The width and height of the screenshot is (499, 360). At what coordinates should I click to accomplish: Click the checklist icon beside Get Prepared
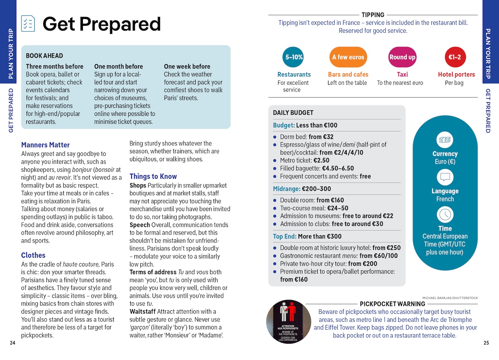(28, 23)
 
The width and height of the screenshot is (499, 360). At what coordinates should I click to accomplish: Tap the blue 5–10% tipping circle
(294, 57)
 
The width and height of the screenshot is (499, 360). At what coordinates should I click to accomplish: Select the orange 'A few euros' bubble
(348, 57)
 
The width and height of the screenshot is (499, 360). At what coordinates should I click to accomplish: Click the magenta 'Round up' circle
(402, 57)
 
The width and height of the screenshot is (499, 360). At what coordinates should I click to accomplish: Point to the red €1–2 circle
(454, 57)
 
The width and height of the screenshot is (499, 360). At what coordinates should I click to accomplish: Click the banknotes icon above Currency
(445, 140)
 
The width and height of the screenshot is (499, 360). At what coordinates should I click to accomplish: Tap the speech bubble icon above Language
(445, 178)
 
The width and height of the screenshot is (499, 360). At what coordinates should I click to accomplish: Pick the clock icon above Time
(445, 215)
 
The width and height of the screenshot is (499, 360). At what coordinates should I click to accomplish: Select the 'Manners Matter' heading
(45, 145)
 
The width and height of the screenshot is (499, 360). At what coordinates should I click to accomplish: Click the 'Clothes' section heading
(33, 255)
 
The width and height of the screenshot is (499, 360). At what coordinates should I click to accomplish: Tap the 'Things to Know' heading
(153, 176)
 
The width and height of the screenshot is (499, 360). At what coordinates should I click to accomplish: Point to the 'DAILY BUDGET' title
(293, 113)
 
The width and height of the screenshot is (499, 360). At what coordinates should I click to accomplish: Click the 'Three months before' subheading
(55, 67)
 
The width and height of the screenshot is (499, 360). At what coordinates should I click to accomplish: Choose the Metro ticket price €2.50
(322, 160)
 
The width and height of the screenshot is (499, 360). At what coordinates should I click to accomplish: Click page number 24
(12, 343)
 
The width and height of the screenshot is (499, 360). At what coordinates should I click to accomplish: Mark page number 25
(486, 343)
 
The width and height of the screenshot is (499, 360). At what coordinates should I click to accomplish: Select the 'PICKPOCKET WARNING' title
(392, 304)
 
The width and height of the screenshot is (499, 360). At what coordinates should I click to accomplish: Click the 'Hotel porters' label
(456, 74)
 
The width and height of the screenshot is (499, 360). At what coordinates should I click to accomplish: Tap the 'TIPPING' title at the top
(373, 15)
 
